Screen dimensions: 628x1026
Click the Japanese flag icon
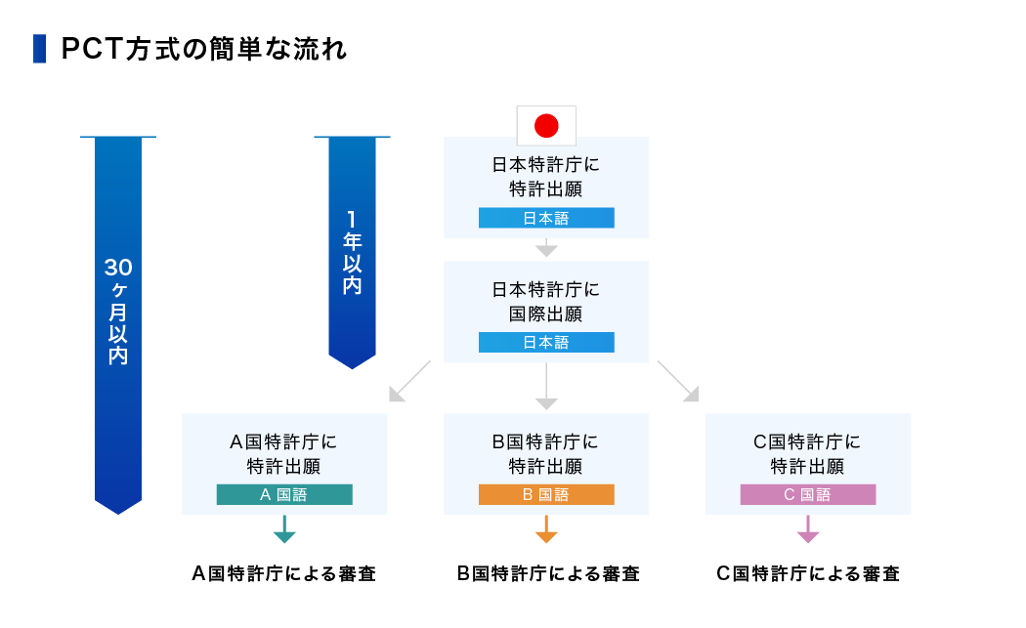click(546, 125)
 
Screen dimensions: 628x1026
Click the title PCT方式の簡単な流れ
click(203, 50)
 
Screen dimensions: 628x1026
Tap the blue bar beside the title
click(39, 49)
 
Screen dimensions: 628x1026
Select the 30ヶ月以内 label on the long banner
click(118, 312)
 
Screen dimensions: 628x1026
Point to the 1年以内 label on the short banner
click(351, 252)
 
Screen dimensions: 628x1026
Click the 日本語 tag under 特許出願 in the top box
click(546, 218)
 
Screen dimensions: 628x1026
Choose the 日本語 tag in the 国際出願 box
click(546, 343)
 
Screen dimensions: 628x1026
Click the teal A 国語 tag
click(284, 494)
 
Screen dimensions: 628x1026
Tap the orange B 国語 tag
click(546, 494)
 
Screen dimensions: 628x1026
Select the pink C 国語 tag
click(808, 494)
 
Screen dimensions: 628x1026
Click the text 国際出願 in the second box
click(546, 314)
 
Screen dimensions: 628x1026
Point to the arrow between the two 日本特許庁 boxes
click(546, 249)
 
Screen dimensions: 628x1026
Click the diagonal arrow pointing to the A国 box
click(408, 382)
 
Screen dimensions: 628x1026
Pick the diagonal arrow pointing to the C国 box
click(678, 382)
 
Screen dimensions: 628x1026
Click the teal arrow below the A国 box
click(284, 530)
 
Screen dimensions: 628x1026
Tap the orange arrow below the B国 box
click(546, 530)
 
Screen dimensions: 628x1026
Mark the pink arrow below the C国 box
click(808, 530)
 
